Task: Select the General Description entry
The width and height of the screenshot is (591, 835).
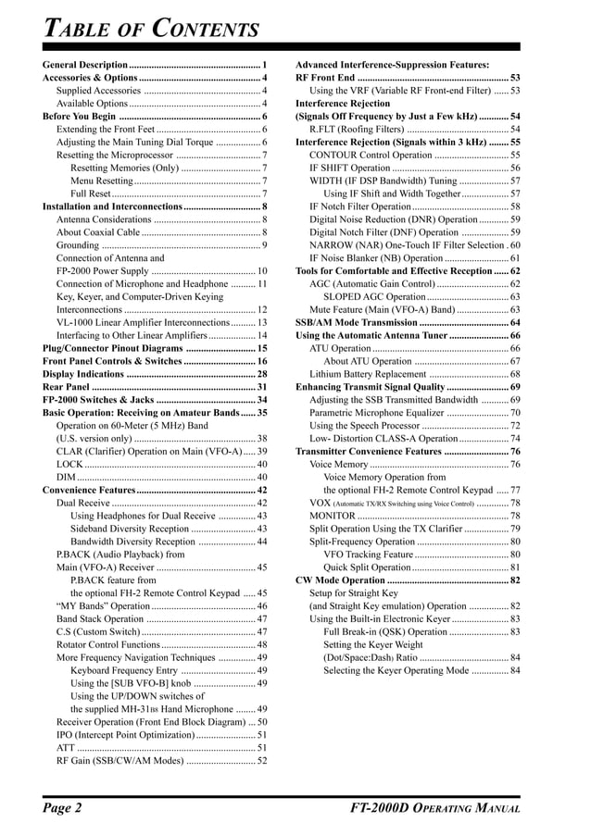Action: (85, 65)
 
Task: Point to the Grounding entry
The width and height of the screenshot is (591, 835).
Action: (77, 245)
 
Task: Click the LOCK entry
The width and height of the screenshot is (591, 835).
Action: (70, 464)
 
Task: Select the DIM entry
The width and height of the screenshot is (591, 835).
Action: (67, 477)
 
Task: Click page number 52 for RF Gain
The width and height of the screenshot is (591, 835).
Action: (262, 760)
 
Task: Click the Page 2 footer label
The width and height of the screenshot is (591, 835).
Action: (63, 808)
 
